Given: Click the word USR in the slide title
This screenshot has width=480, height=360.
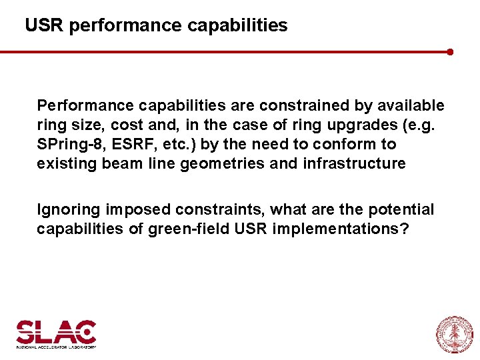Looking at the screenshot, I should coord(44,25).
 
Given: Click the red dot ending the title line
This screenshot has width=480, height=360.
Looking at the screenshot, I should coord(451,51).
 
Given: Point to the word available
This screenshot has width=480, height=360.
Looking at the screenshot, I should coord(411,105).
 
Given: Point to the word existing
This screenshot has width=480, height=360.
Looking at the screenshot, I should coord(67,163).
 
